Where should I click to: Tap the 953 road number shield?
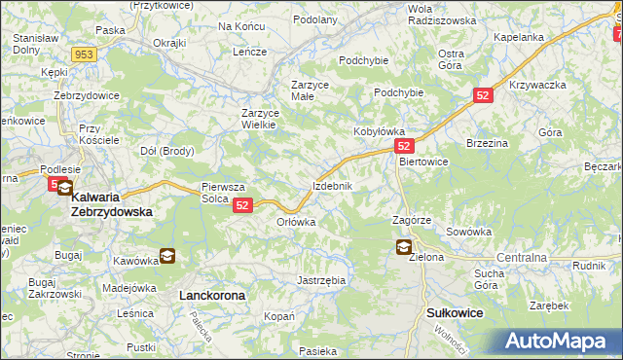[83, 54]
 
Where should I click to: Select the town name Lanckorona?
[212, 294]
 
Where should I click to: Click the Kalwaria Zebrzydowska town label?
[112, 203]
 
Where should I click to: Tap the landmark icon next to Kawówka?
[167, 257]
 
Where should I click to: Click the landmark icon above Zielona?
[403, 247]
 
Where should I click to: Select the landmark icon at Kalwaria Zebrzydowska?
[64, 188]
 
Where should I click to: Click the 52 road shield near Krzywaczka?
[484, 95]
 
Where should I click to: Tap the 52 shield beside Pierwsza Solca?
[243, 205]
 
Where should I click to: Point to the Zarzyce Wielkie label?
[260, 119]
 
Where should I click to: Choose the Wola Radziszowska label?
[441, 14]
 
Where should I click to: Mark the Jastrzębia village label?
[321, 280]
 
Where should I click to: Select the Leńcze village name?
[249, 52]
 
